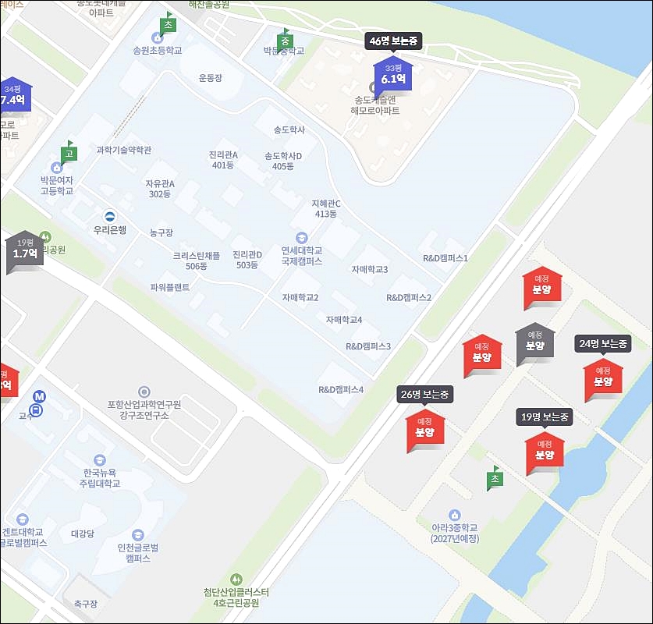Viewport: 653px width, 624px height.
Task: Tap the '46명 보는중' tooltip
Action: [x=394, y=41]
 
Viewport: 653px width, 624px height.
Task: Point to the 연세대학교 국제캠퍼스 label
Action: [x=302, y=256]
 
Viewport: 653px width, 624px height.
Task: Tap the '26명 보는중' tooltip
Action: [x=424, y=395]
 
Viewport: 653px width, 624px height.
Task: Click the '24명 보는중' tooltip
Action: [x=603, y=343]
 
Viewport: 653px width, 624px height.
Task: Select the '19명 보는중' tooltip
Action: [x=545, y=417]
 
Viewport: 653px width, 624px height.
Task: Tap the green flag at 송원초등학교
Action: [x=167, y=24]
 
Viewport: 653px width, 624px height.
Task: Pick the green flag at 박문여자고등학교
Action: [x=69, y=153]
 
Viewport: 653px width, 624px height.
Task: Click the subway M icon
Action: [x=40, y=395]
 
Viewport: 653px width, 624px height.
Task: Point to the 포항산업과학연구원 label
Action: [x=144, y=409]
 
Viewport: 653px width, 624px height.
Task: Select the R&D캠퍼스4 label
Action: [x=341, y=389]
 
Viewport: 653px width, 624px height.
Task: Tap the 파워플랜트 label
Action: [x=170, y=287]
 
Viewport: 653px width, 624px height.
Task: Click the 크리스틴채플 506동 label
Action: [x=197, y=261]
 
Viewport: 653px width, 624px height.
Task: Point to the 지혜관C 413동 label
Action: [x=326, y=208]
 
